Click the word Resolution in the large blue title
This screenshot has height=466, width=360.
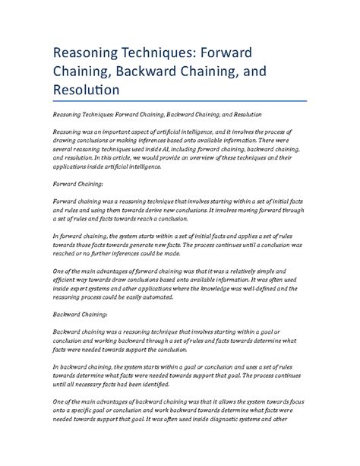(x=86, y=89)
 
